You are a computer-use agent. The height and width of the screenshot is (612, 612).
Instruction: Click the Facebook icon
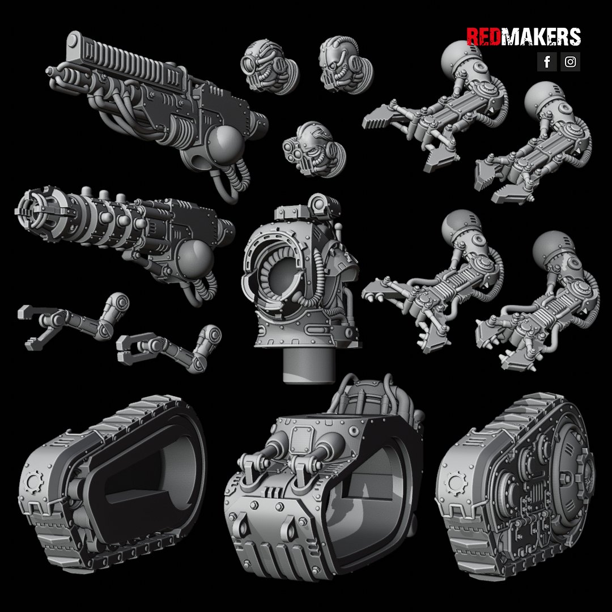(547, 62)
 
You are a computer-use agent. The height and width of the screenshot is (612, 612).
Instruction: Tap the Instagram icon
(570, 62)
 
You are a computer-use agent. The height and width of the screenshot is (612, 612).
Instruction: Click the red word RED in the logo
(483, 37)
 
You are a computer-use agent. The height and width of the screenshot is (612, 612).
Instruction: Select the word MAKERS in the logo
(541, 37)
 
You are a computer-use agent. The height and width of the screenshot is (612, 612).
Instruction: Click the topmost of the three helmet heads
(269, 66)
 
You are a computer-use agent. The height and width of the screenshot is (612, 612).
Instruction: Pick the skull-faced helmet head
(346, 65)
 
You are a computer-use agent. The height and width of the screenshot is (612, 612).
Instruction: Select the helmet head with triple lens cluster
(313, 149)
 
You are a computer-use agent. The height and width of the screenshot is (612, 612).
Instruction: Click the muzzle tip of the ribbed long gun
(50, 72)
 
